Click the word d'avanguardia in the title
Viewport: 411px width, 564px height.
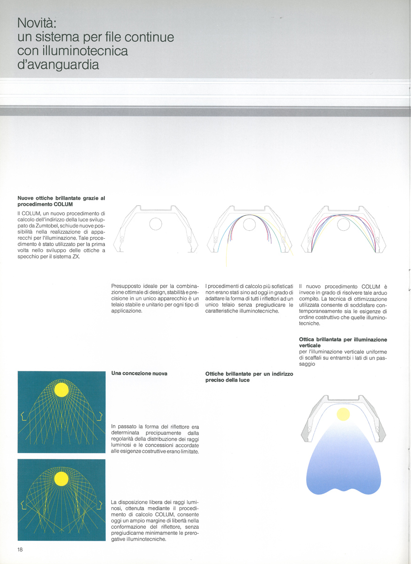coord(58,64)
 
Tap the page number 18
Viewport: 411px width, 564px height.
coord(21,549)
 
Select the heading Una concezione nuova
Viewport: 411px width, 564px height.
coord(139,373)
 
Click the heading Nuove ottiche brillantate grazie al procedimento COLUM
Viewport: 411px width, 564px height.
coord(61,201)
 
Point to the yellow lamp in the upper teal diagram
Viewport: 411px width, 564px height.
coord(61,390)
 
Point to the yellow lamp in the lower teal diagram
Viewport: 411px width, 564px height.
coord(61,478)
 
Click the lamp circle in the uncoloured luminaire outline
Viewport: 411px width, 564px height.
coord(156,224)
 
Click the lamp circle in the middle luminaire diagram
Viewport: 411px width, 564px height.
coord(249,224)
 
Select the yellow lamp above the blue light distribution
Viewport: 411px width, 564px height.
coord(343,414)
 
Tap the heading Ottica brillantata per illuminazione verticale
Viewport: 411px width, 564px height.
coord(343,342)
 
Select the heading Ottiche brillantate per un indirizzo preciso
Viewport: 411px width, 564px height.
coord(249,376)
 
